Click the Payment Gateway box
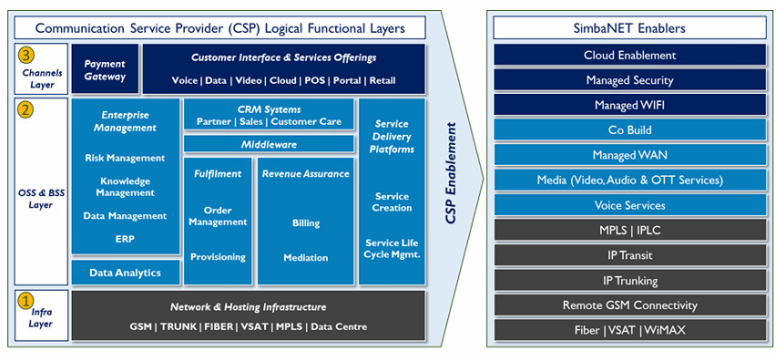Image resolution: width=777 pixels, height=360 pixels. tap(105, 69)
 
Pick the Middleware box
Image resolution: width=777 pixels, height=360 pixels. tap(269, 144)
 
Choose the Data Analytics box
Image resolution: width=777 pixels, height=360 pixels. tap(126, 273)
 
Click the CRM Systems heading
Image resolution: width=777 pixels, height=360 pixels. tap(269, 109)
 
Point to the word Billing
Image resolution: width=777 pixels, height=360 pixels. tap(306, 223)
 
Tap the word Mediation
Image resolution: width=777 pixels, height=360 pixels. tap(306, 258)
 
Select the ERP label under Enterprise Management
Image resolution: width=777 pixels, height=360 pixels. tap(125, 239)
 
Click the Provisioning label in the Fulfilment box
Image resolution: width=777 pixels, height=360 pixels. tap(218, 257)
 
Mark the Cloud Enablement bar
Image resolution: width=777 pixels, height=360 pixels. tap(629, 55)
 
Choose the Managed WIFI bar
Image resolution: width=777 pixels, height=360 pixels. tap(629, 105)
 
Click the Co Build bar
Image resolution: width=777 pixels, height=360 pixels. tap(629, 130)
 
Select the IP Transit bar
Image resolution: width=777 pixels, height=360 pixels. tap(629, 255)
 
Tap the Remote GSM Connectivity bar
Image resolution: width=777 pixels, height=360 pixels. tap(629, 305)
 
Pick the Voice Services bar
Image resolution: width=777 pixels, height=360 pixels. tap(629, 205)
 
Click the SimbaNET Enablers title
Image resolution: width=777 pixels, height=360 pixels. tap(629, 28)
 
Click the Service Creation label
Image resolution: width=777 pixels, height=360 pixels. tap(392, 202)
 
